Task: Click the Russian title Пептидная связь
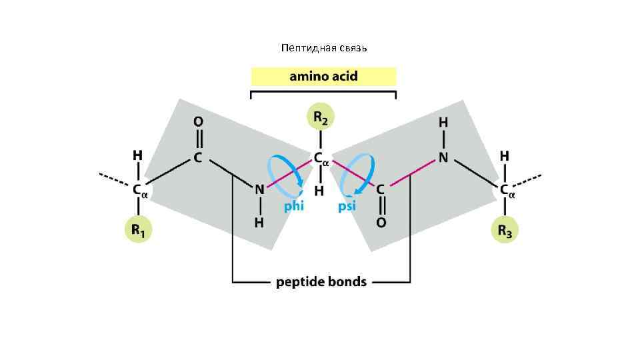(325, 48)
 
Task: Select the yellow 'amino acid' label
(323, 76)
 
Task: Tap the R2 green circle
(321, 119)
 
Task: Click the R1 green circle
(138, 231)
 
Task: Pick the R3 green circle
(504, 231)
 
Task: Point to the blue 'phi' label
(294, 206)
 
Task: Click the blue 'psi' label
(347, 206)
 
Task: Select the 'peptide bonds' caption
(321, 281)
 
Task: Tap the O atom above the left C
(198, 122)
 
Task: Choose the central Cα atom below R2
(320, 159)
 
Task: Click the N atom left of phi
(259, 189)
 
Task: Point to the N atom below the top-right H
(443, 158)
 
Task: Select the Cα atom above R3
(506, 190)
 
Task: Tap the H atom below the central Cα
(320, 191)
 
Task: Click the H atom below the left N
(259, 222)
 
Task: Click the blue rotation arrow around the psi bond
(357, 171)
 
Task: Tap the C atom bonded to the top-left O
(198, 158)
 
